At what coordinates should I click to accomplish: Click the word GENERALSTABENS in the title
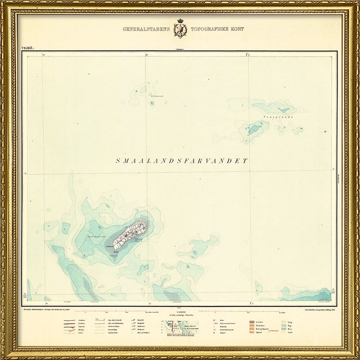[x=146, y=29]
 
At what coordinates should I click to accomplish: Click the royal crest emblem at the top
[x=180, y=28]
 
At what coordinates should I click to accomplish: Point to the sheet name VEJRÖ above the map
[x=27, y=47]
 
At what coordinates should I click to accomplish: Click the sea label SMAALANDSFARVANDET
[x=182, y=161]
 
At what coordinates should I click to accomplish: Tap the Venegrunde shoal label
[x=270, y=117]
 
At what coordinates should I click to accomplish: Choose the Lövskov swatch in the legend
[x=252, y=322]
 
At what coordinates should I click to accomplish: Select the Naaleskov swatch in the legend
[x=252, y=327]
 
